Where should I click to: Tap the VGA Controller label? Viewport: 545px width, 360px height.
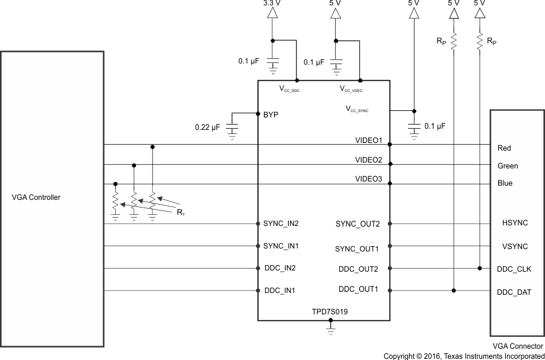36,197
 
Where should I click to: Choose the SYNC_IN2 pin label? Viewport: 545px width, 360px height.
281,224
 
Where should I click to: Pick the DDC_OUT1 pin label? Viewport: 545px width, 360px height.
359,289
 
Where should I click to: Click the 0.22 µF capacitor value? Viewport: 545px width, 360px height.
208,128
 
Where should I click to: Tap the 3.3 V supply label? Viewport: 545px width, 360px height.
272,4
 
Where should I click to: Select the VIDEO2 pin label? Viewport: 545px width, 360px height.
368,160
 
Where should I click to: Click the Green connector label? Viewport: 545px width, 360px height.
507,166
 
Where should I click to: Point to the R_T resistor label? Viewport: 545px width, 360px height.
180,212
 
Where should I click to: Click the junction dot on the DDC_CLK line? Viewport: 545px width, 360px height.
479,268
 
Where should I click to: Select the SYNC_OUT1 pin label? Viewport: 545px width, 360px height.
358,247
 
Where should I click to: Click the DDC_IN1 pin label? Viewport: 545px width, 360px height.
279,291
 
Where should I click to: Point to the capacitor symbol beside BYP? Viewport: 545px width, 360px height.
232,128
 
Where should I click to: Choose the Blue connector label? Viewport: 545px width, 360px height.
505,184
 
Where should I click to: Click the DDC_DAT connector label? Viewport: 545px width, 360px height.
514,292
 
